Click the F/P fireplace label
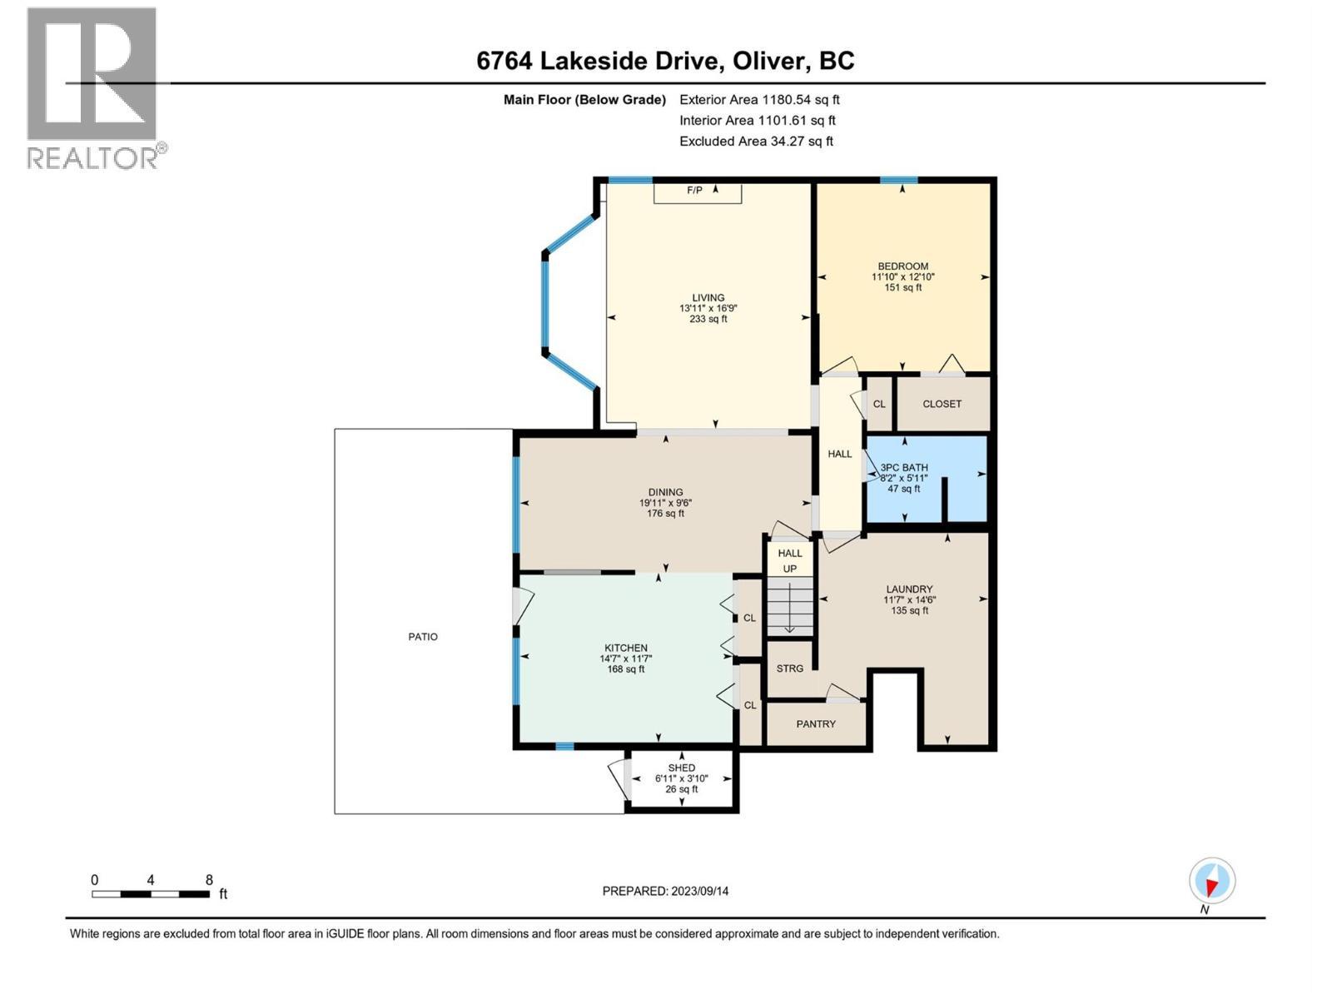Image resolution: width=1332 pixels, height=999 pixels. click(x=694, y=191)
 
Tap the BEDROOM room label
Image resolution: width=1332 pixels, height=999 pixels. click(x=902, y=266)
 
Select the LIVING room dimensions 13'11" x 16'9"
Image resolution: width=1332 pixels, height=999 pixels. click(x=708, y=308)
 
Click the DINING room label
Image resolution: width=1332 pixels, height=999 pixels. click(x=665, y=492)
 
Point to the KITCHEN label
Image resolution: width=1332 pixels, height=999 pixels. click(x=625, y=648)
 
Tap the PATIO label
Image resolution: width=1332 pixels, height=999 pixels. click(x=423, y=637)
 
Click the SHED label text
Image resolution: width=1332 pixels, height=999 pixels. click(x=681, y=768)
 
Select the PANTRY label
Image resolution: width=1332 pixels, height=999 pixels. click(x=815, y=724)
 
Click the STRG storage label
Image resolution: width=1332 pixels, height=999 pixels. click(x=789, y=668)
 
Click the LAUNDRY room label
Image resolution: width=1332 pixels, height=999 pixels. click(x=909, y=589)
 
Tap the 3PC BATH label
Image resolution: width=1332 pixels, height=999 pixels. click(x=903, y=468)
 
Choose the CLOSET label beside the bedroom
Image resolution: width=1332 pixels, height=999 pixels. click(x=942, y=404)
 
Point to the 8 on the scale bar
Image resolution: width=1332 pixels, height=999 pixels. click(x=209, y=880)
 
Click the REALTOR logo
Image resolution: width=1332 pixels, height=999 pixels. click(x=93, y=87)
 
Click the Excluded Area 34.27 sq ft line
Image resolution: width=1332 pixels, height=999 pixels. click(x=756, y=141)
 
